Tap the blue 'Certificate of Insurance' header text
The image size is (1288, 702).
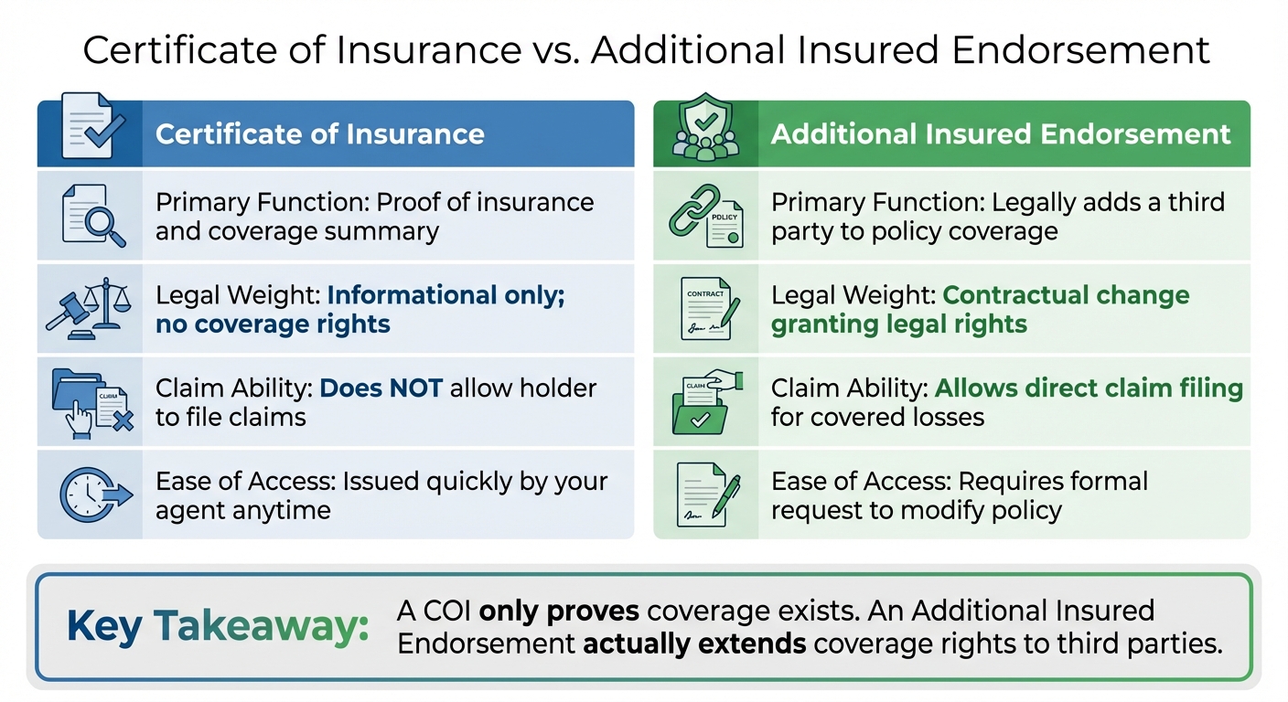point(319,134)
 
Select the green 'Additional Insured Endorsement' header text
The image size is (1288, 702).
point(1001,134)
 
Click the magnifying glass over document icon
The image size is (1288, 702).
point(91,215)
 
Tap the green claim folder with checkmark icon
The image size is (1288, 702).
point(704,402)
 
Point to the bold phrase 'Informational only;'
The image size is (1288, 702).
point(445,295)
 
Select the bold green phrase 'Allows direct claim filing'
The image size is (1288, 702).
point(1089,388)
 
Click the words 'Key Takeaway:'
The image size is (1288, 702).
point(218,626)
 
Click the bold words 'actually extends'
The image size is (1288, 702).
point(694,643)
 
